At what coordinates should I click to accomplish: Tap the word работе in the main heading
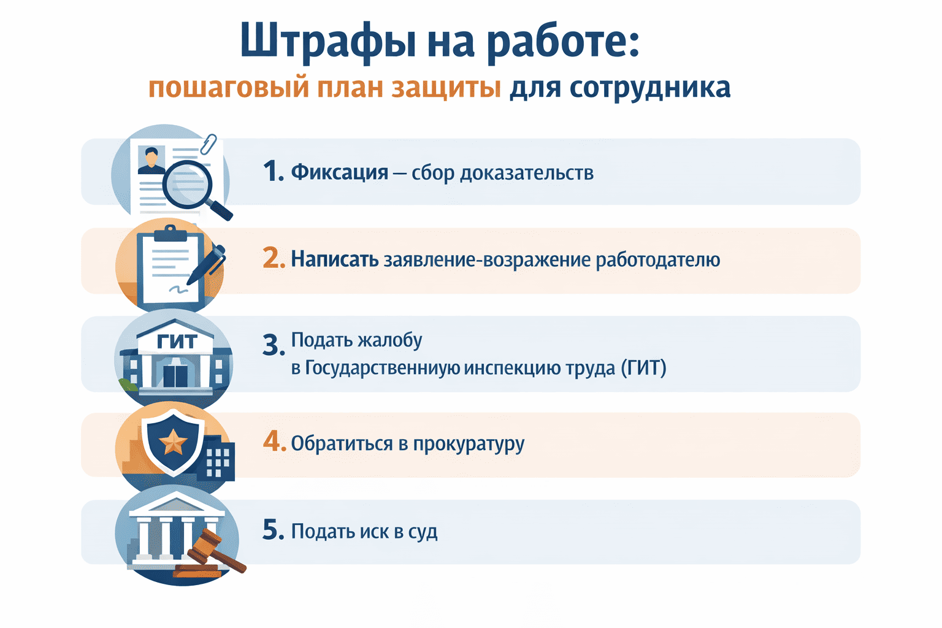click(x=564, y=42)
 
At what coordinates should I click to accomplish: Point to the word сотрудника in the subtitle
click(x=650, y=88)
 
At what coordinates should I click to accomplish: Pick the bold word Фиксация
click(x=339, y=172)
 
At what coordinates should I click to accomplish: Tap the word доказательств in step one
click(x=527, y=173)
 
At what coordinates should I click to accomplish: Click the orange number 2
click(x=274, y=259)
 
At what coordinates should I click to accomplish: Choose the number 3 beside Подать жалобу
click(x=272, y=345)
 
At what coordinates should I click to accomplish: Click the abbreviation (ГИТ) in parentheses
click(x=643, y=368)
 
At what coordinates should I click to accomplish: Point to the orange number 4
click(x=274, y=442)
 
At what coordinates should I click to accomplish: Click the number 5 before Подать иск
click(x=272, y=530)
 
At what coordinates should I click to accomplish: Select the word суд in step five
click(x=423, y=531)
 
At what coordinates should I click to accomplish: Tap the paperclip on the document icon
click(x=209, y=145)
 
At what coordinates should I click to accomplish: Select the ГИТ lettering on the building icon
click(x=177, y=342)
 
